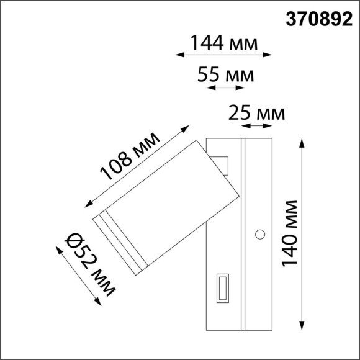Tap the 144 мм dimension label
click(x=224, y=43)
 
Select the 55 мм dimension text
click(x=225, y=75)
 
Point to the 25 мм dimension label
click(x=256, y=114)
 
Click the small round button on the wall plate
click(x=260, y=234)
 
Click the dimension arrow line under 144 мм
click(x=224, y=55)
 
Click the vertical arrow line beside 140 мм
click(x=303, y=234)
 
